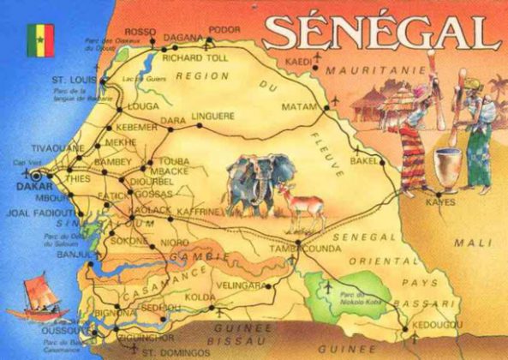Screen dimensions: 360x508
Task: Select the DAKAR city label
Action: point(26,183)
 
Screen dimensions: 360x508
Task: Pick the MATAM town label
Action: point(299,107)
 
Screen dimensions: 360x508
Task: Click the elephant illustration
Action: point(256,183)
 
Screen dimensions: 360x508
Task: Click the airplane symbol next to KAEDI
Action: point(318,57)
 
